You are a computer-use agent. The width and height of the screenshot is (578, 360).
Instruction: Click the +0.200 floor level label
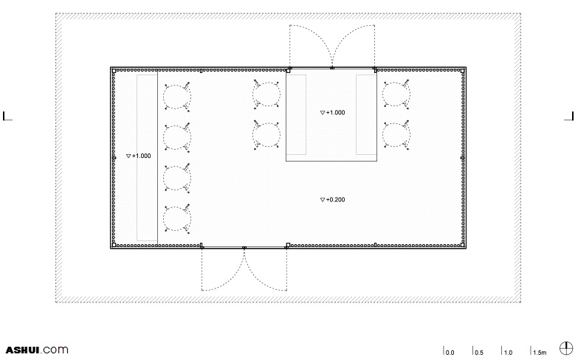click(332, 200)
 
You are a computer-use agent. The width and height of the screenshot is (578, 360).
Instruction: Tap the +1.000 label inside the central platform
click(332, 113)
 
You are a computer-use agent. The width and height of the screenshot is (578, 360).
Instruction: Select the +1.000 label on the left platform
click(138, 156)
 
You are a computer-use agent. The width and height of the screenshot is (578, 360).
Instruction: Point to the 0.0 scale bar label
click(450, 353)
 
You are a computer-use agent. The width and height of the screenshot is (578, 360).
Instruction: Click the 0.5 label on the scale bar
click(479, 353)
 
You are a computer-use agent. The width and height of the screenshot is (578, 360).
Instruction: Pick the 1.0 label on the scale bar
click(508, 353)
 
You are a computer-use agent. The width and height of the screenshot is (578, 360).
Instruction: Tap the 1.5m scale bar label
click(540, 353)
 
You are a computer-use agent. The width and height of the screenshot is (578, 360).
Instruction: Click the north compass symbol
click(566, 348)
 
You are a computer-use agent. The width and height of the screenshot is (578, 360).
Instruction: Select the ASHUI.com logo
click(37, 350)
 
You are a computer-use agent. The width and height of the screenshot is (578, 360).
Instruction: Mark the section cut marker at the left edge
click(7, 116)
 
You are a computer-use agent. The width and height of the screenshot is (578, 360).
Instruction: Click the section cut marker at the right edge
click(569, 116)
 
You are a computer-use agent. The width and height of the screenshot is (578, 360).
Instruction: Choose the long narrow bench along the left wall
click(147, 158)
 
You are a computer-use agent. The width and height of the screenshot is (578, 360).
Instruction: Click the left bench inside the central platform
click(296, 114)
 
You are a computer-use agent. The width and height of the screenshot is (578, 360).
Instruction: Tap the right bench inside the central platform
click(366, 114)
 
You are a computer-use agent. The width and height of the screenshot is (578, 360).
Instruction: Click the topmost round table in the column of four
click(177, 97)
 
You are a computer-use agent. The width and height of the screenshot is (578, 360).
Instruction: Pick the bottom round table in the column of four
click(177, 219)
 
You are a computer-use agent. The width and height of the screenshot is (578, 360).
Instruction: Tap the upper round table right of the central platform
click(396, 94)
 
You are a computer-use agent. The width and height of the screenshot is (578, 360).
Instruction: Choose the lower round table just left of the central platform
click(266, 135)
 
